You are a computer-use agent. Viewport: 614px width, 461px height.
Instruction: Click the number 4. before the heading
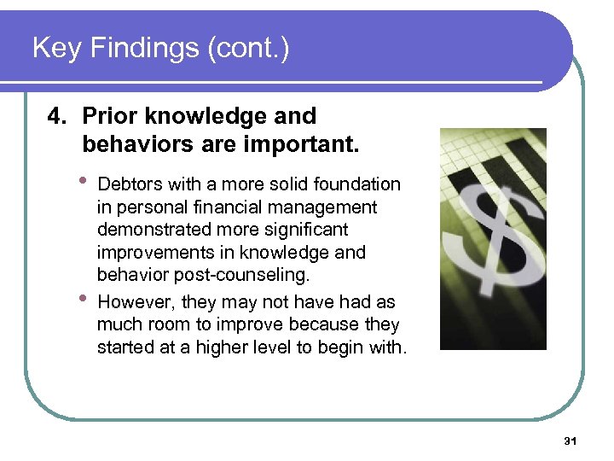click(57, 116)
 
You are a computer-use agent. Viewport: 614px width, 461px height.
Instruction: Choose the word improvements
click(150, 254)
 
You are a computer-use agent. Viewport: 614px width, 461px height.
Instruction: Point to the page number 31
click(571, 441)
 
